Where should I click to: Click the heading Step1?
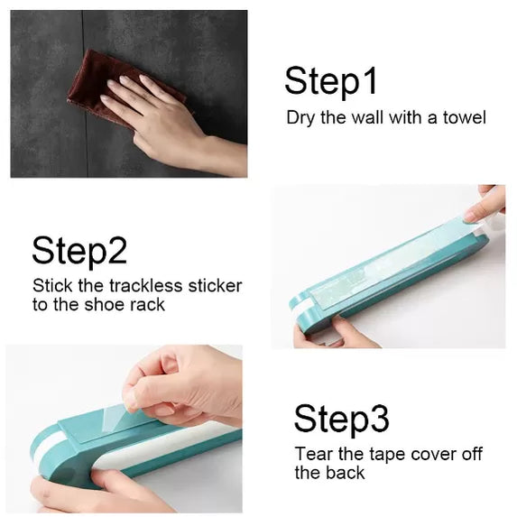click(x=330, y=80)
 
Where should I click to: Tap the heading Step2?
click(x=79, y=251)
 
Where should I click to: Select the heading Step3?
click(x=341, y=419)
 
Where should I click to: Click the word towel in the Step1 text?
click(x=465, y=117)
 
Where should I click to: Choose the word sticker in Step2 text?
click(x=215, y=285)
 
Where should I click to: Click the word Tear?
click(x=312, y=454)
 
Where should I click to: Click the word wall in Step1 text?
click(x=365, y=117)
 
